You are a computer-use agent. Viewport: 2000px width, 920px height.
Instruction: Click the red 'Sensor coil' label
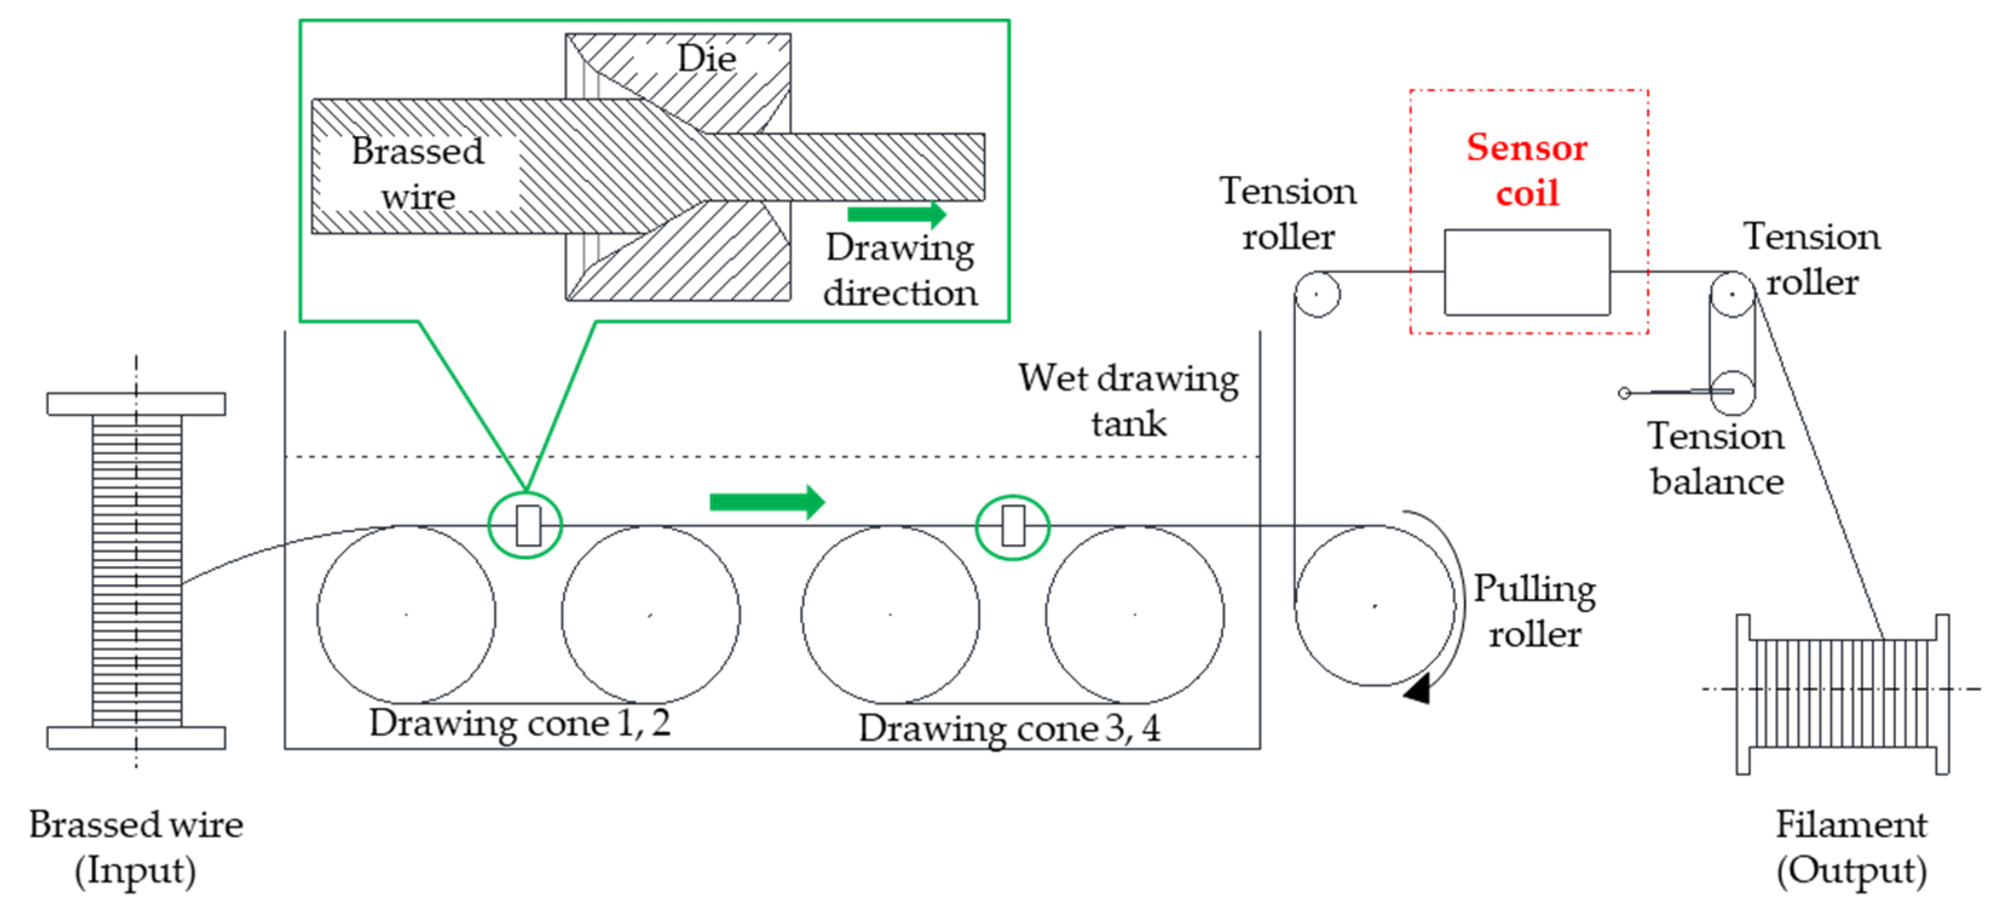point(1526,169)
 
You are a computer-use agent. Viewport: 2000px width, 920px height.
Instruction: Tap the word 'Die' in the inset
point(706,59)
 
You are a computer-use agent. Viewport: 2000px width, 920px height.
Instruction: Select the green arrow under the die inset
point(896,214)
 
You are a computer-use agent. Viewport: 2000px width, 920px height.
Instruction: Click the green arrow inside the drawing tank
point(766,501)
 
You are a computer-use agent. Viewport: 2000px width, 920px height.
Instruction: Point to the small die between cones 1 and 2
point(528,526)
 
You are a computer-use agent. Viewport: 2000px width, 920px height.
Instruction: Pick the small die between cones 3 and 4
point(1012,526)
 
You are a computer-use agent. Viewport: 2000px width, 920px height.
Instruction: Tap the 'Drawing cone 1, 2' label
point(519,723)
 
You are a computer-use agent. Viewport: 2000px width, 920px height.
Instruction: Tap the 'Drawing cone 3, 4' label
point(1009,728)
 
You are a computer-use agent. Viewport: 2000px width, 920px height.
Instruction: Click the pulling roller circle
point(1373,605)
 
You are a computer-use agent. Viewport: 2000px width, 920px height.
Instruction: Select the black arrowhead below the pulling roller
point(1418,690)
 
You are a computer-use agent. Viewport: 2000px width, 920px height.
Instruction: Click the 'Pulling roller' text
point(1534,611)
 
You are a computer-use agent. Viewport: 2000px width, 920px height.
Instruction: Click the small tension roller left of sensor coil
point(1317,293)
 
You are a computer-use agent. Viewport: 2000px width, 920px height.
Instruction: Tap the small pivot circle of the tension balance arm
point(1623,393)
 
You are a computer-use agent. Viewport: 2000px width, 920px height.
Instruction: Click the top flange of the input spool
point(136,403)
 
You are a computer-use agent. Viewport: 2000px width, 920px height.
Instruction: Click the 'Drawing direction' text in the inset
point(900,270)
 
